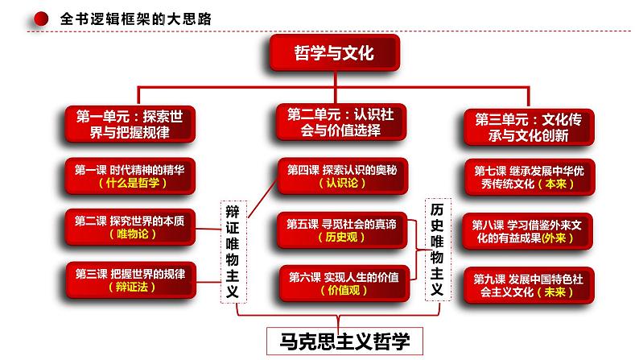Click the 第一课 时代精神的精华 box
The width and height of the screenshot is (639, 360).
[x=130, y=176]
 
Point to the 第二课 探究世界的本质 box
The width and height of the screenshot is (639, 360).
[x=130, y=226]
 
